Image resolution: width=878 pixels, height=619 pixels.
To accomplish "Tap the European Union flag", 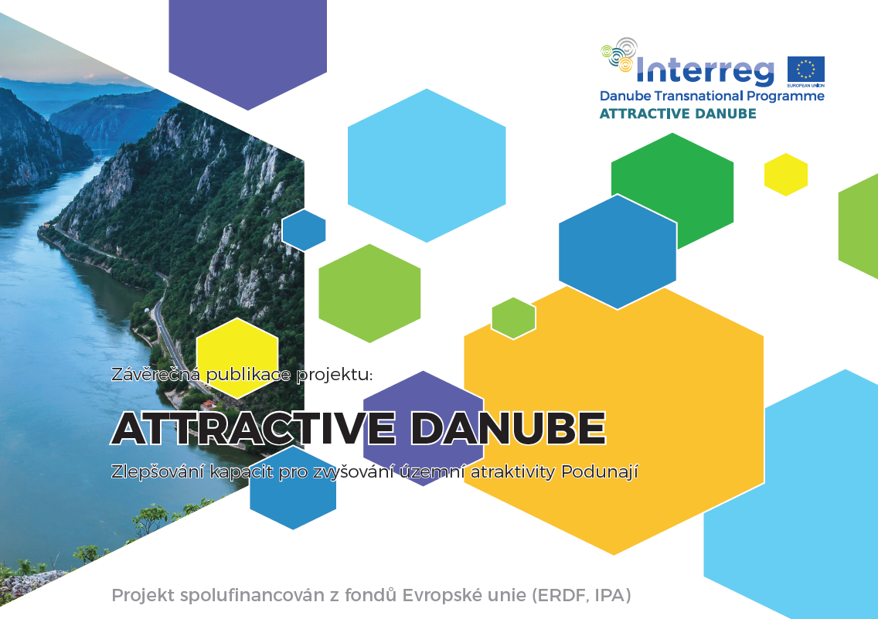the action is click(806, 70).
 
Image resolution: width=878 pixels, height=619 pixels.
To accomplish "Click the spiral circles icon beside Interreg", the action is click(619, 54).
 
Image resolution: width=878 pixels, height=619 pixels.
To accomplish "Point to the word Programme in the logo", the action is click(785, 97).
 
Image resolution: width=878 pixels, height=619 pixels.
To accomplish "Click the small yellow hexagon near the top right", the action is click(786, 175).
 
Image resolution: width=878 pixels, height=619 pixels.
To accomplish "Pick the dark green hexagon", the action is click(672, 190).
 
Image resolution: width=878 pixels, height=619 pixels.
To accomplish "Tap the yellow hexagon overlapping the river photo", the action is click(237, 359).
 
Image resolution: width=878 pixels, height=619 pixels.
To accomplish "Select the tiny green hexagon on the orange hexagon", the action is click(513, 318).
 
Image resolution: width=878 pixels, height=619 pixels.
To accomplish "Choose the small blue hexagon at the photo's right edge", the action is click(304, 230).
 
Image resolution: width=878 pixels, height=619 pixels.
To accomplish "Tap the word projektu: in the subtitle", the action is click(335, 375).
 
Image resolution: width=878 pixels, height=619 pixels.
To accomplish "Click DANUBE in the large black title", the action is click(508, 428).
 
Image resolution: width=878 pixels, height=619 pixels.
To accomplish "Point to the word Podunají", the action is click(599, 472).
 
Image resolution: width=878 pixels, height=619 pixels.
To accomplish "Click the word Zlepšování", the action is click(158, 472).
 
